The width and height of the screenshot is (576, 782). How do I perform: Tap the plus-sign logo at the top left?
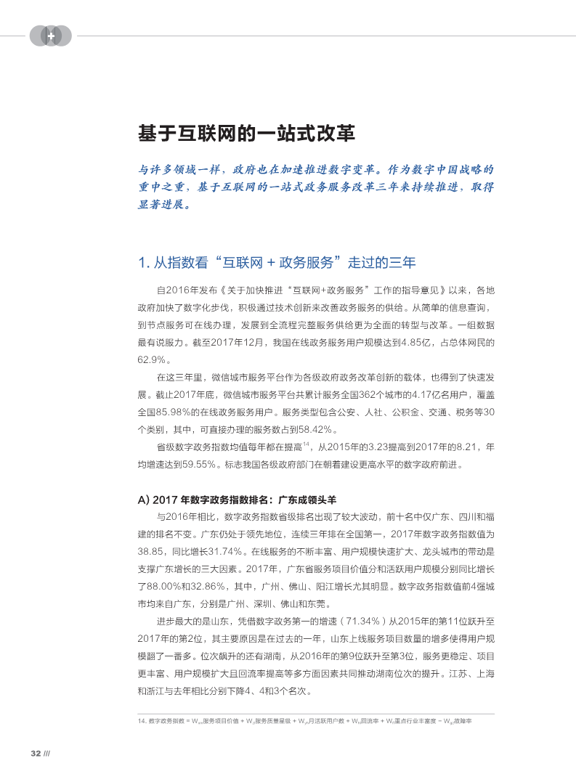pyautogui.click(x=51, y=36)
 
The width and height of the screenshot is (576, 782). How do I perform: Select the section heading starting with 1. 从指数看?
pyautogui.click(x=277, y=261)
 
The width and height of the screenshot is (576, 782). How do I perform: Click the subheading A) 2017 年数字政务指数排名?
pyautogui.click(x=237, y=500)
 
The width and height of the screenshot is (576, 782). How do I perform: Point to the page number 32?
pyautogui.click(x=34, y=752)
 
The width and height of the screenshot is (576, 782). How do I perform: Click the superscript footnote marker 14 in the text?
pyautogui.click(x=307, y=443)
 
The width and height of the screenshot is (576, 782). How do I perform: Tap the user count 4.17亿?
pyautogui.click(x=439, y=394)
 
